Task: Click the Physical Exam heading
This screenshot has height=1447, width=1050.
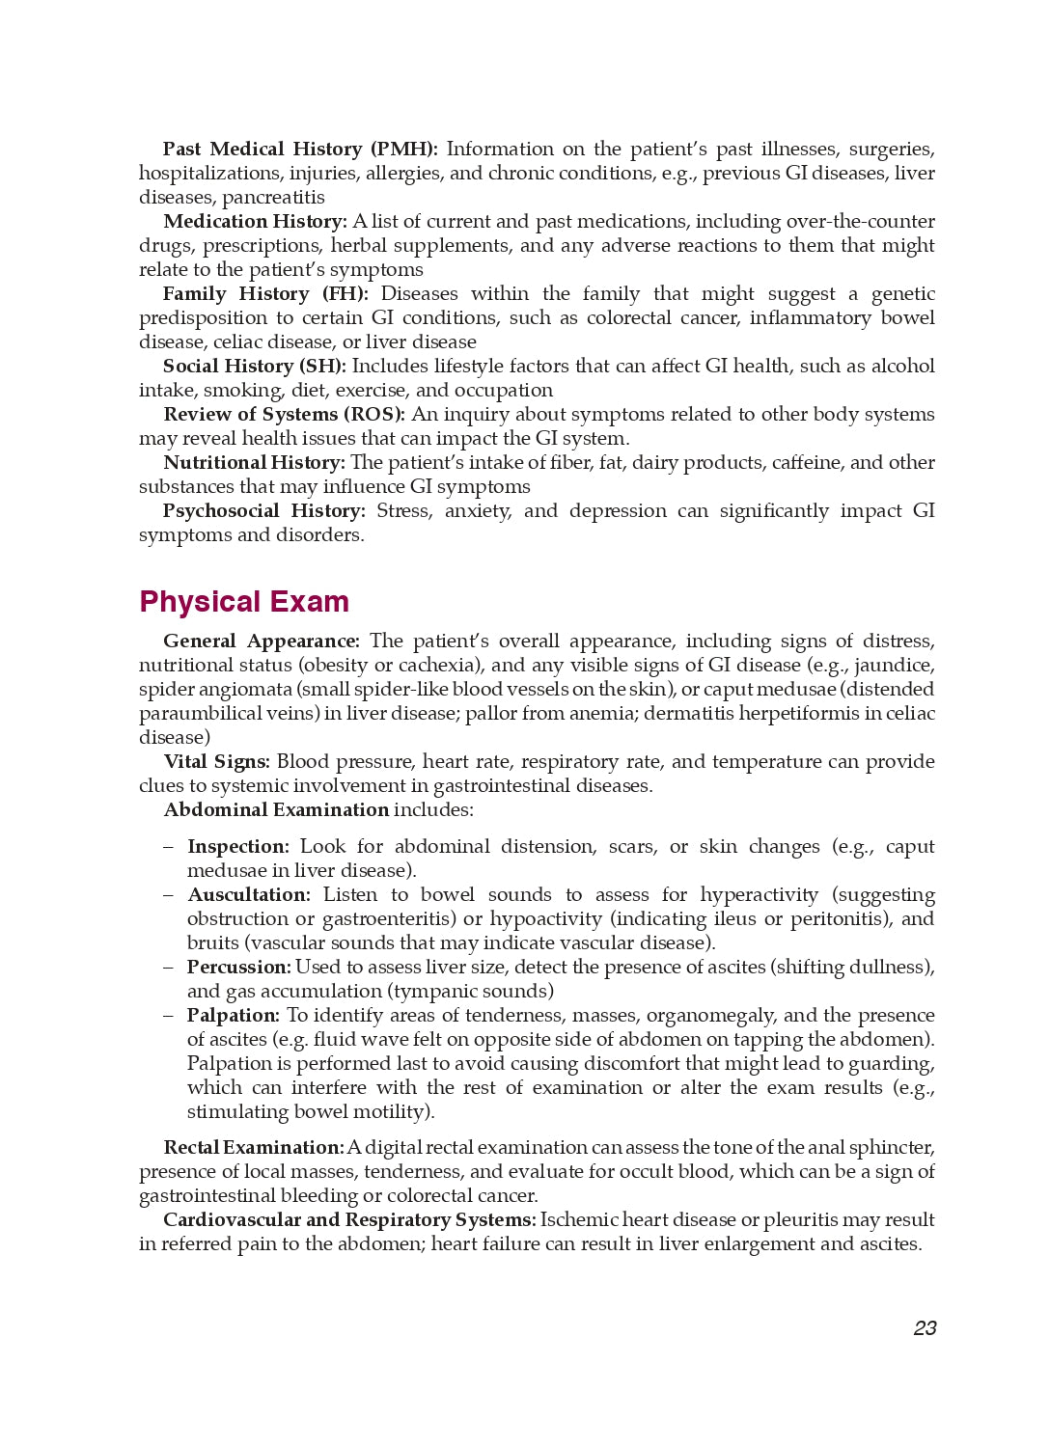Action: click(244, 602)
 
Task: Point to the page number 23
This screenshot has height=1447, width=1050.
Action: click(925, 1328)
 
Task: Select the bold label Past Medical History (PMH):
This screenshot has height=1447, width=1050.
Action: click(300, 150)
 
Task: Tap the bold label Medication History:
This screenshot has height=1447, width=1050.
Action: click(255, 222)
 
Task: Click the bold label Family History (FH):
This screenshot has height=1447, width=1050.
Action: click(265, 294)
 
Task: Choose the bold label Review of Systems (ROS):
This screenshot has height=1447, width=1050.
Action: click(284, 415)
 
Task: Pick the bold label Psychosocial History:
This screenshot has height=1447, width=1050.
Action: click(263, 511)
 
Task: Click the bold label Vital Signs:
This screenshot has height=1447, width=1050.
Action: click(216, 762)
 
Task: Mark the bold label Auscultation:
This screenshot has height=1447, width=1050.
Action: click(249, 895)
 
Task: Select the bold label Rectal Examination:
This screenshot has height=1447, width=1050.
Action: click(254, 1148)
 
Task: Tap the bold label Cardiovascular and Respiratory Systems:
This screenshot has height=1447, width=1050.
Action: click(349, 1220)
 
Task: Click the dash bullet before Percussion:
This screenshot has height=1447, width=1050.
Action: click(169, 968)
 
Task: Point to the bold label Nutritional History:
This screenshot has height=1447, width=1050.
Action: click(254, 463)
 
